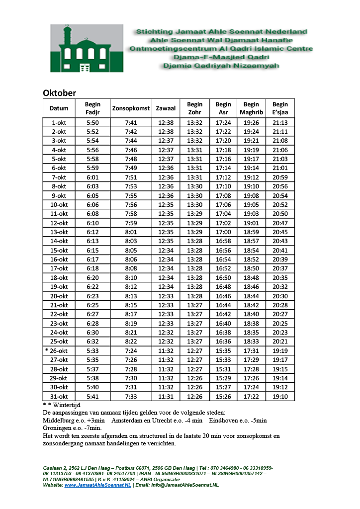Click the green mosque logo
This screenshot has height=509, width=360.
(x=87, y=48)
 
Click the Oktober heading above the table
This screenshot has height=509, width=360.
(x=59, y=93)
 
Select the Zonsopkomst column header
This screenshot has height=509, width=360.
(x=131, y=108)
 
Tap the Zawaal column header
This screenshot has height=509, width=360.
(x=166, y=108)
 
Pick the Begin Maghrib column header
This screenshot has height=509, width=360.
(x=251, y=108)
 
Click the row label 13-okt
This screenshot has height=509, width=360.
(x=59, y=232)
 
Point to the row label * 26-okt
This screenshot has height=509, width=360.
(x=58, y=350)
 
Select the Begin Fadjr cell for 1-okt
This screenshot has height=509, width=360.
(x=92, y=122)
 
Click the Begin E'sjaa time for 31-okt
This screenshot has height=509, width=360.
(x=280, y=396)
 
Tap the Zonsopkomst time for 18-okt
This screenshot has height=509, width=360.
(x=131, y=277)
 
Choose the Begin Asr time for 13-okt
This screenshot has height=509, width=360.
(x=223, y=232)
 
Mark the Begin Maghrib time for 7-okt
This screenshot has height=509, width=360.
(x=251, y=177)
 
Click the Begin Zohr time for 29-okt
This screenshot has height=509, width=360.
(x=194, y=378)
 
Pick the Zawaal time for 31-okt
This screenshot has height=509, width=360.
(x=166, y=396)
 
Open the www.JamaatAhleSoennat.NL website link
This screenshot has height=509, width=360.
(x=97, y=485)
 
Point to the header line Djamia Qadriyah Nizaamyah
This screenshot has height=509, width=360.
(x=221, y=66)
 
